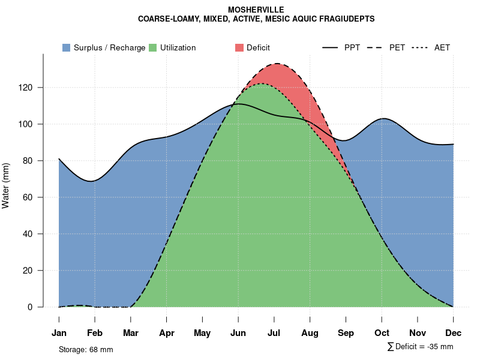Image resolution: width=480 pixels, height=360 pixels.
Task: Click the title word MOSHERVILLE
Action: pyautogui.click(x=256, y=10)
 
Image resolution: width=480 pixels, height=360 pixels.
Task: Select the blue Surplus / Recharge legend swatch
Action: pyautogui.click(x=66, y=47)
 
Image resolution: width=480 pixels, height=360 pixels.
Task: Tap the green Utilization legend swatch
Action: pyautogui.click(x=152, y=47)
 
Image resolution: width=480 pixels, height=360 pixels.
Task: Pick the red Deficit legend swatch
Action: pyautogui.click(x=239, y=47)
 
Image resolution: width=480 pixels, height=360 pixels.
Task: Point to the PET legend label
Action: pyautogui.click(x=397, y=47)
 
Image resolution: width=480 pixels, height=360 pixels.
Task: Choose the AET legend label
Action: pyautogui.click(x=442, y=47)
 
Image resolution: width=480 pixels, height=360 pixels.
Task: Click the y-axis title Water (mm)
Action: pyautogui.click(x=6, y=186)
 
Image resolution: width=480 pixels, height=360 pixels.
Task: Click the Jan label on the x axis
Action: pyautogui.click(x=59, y=333)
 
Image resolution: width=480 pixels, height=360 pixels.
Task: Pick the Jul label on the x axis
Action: pyautogui.click(x=274, y=333)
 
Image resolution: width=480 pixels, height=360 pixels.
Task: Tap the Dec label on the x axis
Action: pyautogui.click(x=454, y=333)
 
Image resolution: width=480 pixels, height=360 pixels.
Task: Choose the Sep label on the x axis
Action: pyautogui.click(x=346, y=333)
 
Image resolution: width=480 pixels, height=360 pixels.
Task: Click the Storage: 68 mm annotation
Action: pyautogui.click(x=86, y=349)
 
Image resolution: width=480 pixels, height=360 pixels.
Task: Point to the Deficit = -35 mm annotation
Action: pyautogui.click(x=424, y=347)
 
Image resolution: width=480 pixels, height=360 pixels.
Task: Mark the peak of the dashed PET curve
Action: pyautogui.click(x=277, y=64)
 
